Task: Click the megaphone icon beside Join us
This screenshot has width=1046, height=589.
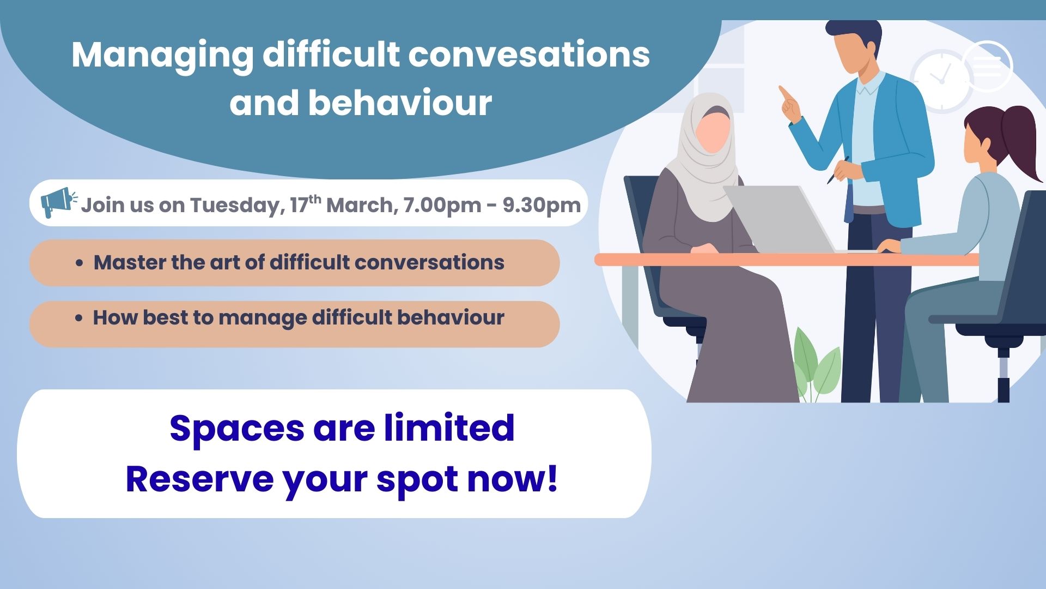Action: [x=58, y=202]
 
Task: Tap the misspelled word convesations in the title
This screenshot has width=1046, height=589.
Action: [x=529, y=55]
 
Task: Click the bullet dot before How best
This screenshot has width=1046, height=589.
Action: [x=80, y=318]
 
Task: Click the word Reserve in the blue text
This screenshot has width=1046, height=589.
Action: [x=199, y=479]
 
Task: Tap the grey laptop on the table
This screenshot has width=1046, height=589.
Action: [x=779, y=218]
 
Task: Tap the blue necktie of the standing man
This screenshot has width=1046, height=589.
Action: [x=849, y=202]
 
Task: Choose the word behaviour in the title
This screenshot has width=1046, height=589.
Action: [x=400, y=103]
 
